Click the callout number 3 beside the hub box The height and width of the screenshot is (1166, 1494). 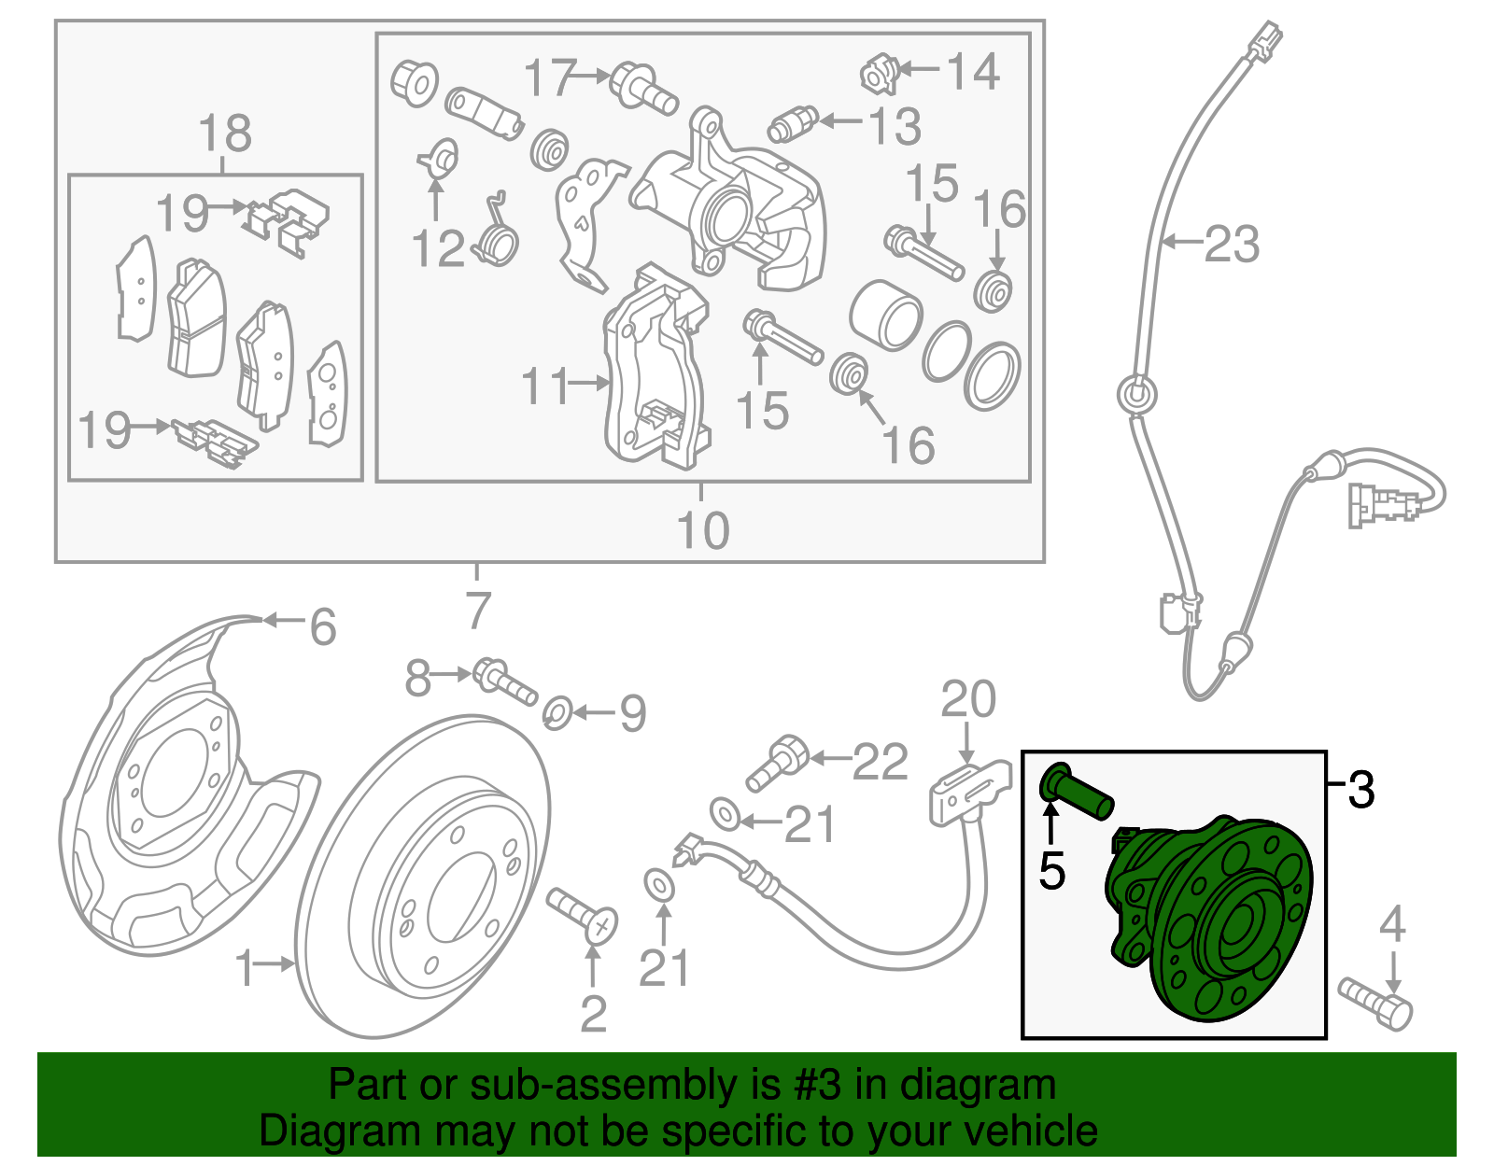(x=1362, y=790)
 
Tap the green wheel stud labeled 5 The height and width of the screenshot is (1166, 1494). (x=1078, y=792)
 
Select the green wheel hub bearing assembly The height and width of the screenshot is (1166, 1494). (x=1214, y=920)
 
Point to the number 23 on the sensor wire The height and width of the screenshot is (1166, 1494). (x=1232, y=245)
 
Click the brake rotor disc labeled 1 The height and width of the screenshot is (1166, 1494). (x=425, y=878)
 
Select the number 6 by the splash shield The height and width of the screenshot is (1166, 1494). (x=322, y=627)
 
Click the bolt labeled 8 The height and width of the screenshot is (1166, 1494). (x=505, y=683)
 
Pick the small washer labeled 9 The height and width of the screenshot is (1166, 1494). (x=557, y=714)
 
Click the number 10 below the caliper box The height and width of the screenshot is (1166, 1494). (x=702, y=530)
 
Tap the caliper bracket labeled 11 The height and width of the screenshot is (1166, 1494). (x=654, y=373)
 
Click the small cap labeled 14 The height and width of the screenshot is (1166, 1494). (x=879, y=74)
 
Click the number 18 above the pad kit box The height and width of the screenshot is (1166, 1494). (x=225, y=133)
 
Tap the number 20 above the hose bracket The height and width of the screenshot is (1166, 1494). (x=968, y=699)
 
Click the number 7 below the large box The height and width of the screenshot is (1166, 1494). (x=477, y=611)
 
